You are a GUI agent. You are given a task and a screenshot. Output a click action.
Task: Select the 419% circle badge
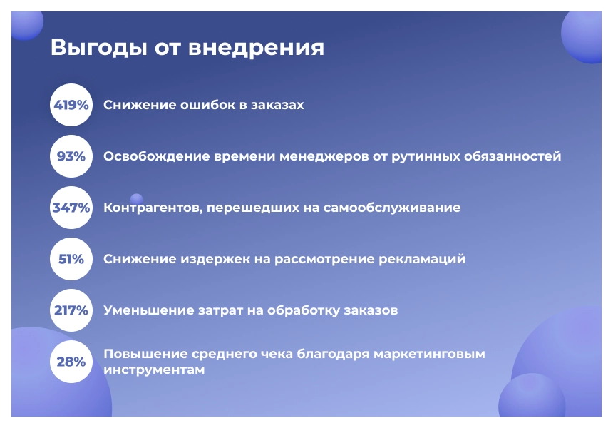coord(71,105)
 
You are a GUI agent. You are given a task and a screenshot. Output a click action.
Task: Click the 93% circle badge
coord(71,156)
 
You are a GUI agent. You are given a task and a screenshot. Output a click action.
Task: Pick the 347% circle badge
coord(71,208)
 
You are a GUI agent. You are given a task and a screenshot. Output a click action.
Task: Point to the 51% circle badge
coord(71,259)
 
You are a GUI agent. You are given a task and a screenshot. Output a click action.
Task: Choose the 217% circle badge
coord(71,310)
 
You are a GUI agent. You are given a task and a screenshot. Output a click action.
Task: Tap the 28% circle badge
coord(71,362)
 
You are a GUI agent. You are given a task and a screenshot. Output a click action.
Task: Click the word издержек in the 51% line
coord(217,259)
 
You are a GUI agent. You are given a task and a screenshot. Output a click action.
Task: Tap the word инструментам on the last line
coord(154,370)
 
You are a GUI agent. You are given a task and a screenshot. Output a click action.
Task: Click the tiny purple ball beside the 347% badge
coord(136,199)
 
